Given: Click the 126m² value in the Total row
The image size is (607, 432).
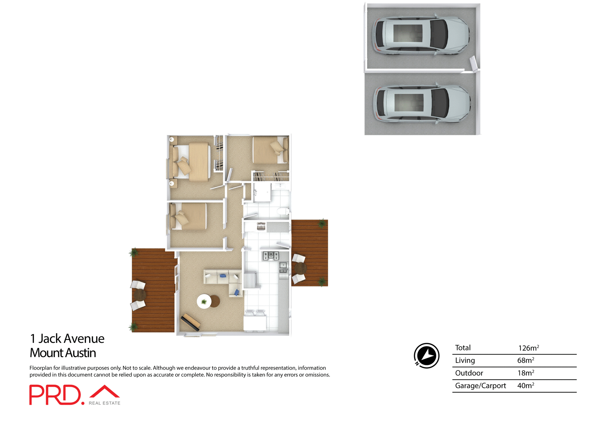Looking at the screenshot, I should click(528, 348).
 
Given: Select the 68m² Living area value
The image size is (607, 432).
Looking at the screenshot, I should click(525, 360).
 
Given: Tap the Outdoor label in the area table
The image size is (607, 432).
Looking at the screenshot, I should click(469, 373).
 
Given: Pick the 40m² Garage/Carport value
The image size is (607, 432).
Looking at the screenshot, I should click(525, 386).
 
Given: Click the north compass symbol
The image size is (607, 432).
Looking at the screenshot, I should click(427, 356).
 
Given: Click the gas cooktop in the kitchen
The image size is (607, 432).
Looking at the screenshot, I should click(271, 256).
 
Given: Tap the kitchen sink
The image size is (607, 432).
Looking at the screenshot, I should click(283, 268).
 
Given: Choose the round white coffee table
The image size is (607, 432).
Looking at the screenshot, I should click(204, 301).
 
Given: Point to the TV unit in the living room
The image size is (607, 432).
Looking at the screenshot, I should click(190, 322).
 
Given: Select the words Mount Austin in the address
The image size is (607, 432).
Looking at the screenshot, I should click(63, 353).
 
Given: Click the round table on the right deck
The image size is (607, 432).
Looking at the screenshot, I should click(300, 268).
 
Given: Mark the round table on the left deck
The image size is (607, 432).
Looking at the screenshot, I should click(140, 295).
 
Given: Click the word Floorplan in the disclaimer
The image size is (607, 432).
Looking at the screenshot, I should click(40, 368).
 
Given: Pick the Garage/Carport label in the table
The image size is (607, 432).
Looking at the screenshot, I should click(480, 386).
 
